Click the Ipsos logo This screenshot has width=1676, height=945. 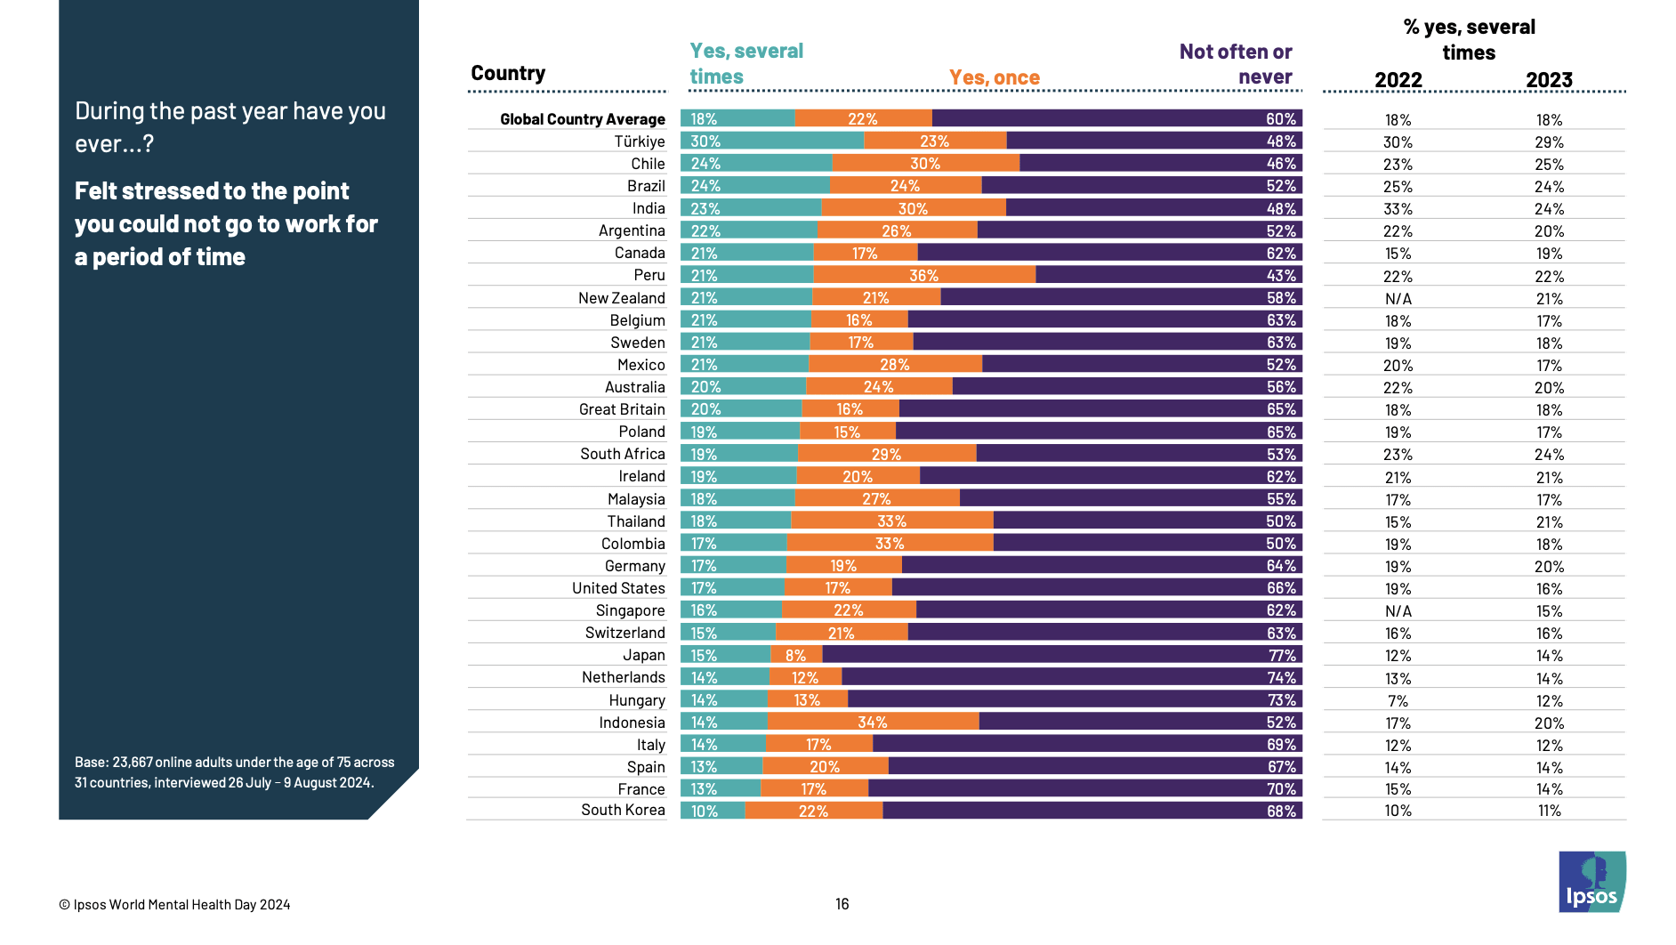pyautogui.click(x=1591, y=882)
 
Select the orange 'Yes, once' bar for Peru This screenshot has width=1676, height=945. pyautogui.click(x=924, y=275)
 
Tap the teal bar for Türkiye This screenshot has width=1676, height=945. pyautogui.click(x=772, y=141)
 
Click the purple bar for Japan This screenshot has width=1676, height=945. pyautogui.click(x=1062, y=655)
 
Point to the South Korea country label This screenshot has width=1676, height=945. pyautogui.click(x=623, y=810)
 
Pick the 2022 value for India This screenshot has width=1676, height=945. pyautogui.click(x=1398, y=209)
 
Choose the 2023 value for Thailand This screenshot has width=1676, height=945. pyautogui.click(x=1549, y=522)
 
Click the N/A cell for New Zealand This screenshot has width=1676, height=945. pyautogui.click(x=1398, y=299)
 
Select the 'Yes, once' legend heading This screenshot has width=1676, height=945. pyautogui.click(x=994, y=77)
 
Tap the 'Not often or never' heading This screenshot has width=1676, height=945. pyautogui.click(x=1236, y=64)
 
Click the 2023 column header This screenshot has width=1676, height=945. pyautogui.click(x=1549, y=80)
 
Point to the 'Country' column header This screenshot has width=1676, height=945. pyautogui.click(x=508, y=73)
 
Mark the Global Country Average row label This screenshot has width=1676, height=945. pyautogui.click(x=582, y=119)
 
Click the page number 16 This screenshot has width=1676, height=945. pyautogui.click(x=842, y=904)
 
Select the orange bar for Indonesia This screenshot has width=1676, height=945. pyautogui.click(x=873, y=722)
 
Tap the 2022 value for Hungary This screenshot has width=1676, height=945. pyautogui.click(x=1398, y=701)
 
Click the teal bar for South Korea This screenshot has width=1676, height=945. pyautogui.click(x=713, y=811)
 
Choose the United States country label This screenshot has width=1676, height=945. pyautogui.click(x=618, y=588)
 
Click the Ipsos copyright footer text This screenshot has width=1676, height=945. pyautogui.click(x=174, y=905)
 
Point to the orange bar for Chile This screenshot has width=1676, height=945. pyautogui.click(x=925, y=163)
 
